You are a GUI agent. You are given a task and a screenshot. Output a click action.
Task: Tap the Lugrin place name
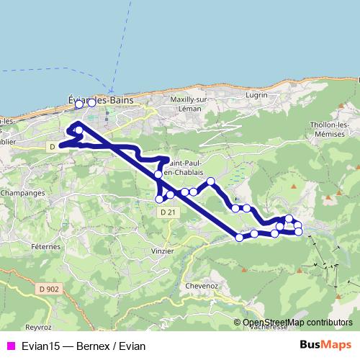[x=256, y=95]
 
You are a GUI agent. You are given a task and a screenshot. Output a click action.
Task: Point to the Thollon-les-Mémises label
[x=334, y=129]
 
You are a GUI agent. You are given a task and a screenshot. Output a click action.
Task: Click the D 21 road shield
[x=167, y=212]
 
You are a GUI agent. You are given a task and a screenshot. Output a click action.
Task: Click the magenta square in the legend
[x=10, y=345]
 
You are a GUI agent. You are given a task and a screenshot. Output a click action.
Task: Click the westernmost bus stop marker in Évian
[x=79, y=104]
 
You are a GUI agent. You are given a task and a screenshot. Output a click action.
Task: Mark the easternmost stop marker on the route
[x=299, y=231]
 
